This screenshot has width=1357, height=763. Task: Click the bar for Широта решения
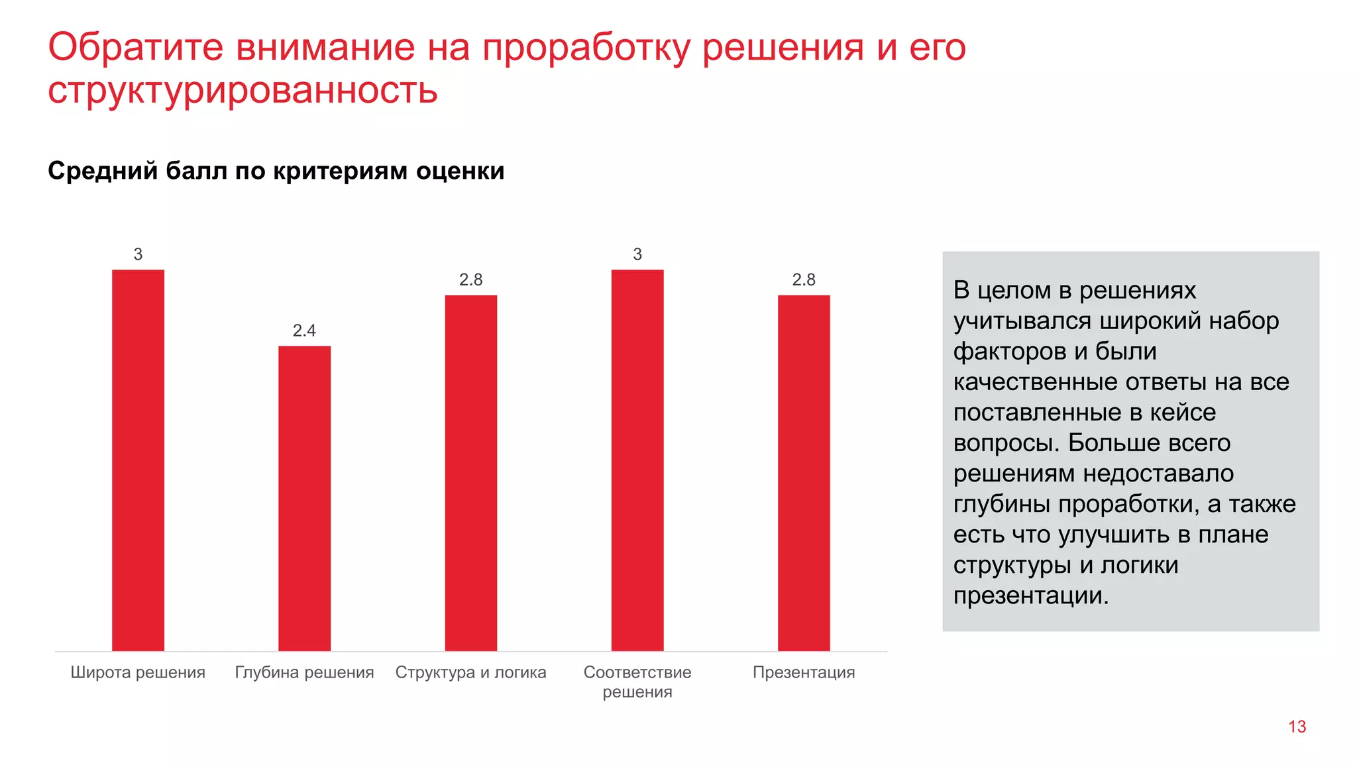coord(138,460)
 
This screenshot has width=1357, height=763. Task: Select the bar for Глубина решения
coord(304,498)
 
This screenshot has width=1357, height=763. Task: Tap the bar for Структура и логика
coord(470,473)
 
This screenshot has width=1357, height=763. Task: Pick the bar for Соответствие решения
coord(637,460)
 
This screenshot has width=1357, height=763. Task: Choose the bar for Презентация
coord(803,473)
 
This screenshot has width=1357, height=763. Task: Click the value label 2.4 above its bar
coord(304,331)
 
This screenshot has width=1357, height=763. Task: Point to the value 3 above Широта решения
coord(138,254)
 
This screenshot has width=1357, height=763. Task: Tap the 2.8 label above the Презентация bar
coord(803,280)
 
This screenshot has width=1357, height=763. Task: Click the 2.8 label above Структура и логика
coord(470,280)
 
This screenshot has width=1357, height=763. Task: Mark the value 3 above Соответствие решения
coord(637,254)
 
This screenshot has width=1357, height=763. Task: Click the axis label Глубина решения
coord(304,672)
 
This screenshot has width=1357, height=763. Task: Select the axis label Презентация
coord(803,672)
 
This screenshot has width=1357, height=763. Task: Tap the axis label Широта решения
coord(138,672)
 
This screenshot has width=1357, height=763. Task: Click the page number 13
coord(1297,727)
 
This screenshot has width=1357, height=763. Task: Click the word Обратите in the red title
coord(135,48)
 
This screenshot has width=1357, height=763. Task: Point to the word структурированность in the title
coord(243,91)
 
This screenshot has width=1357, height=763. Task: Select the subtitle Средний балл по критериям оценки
coord(276,171)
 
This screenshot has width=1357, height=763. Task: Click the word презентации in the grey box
coord(1030,596)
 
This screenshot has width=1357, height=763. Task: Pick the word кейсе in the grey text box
coord(1182,412)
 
